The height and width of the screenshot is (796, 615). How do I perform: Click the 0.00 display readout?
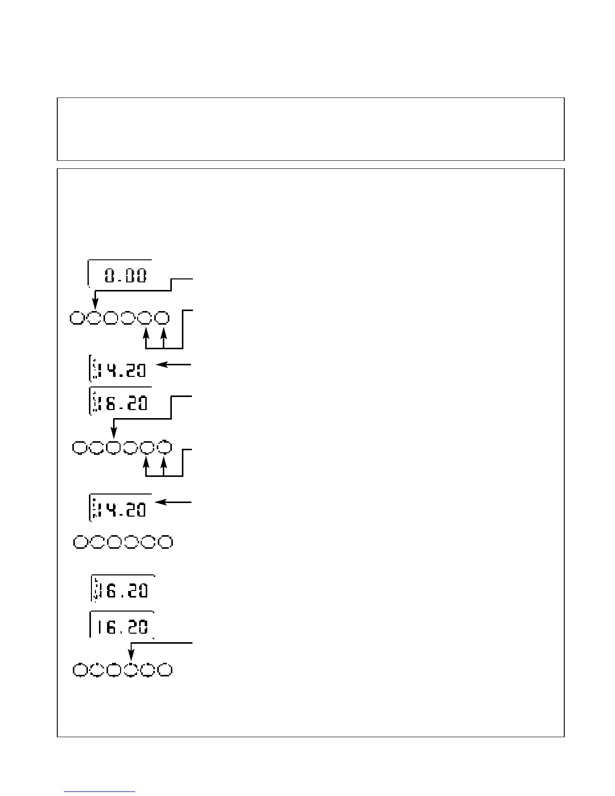tap(126, 275)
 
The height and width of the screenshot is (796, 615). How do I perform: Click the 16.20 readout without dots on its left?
tap(122, 626)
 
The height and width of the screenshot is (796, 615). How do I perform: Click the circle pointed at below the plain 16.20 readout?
tap(131, 670)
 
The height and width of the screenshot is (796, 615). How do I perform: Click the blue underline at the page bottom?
tap(100, 791)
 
